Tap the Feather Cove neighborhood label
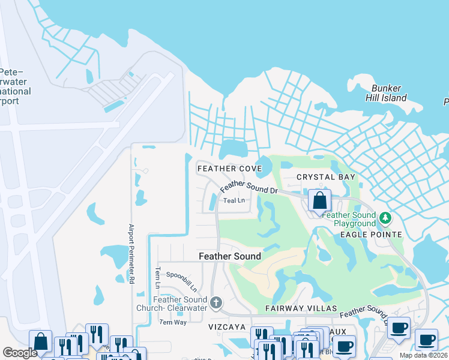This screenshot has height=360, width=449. coord(230,169)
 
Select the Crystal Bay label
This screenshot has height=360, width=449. coord(327,177)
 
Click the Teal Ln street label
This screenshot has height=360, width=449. coord(234,200)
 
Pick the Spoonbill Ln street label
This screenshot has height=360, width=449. coord(181,281)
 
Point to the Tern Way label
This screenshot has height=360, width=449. coord(173,322)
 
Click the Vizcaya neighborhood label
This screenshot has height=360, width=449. coord(227,327)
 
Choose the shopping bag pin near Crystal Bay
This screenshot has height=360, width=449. coord(320,200)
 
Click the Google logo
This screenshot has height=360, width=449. coord(20,353)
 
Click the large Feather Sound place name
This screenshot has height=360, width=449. coord(230,256)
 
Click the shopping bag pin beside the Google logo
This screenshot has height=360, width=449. coord(40,341)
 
